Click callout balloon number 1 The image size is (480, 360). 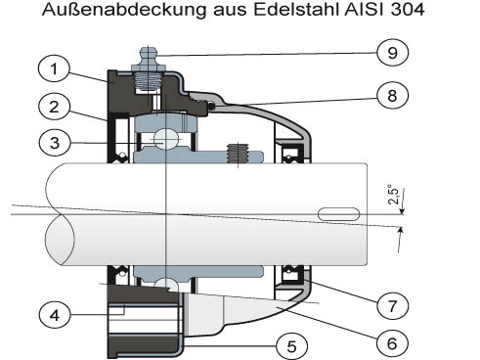pyautogui.click(x=54, y=69)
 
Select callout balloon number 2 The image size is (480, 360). pyautogui.click(x=54, y=107)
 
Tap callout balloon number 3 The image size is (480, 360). pyautogui.click(x=55, y=143)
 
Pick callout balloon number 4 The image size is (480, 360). pyautogui.click(x=55, y=315)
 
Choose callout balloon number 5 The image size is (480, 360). pyautogui.click(x=291, y=346)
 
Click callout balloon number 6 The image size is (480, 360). pyautogui.click(x=392, y=343)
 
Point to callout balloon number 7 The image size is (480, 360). pyautogui.click(x=392, y=306)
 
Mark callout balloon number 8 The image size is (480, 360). pyautogui.click(x=392, y=95)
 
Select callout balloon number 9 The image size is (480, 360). pyautogui.click(x=393, y=52)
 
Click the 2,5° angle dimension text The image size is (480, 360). pyautogui.click(x=393, y=195)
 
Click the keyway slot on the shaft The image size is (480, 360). pyautogui.click(x=338, y=214)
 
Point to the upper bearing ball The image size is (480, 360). pyautogui.click(x=165, y=139)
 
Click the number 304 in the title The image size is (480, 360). pyautogui.click(x=408, y=10)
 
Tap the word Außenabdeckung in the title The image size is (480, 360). pyautogui.click(x=124, y=10)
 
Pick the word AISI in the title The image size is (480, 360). pyautogui.click(x=366, y=10)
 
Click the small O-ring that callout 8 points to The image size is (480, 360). pyautogui.click(x=211, y=106)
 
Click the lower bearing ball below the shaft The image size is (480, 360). pyautogui.click(x=166, y=285)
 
